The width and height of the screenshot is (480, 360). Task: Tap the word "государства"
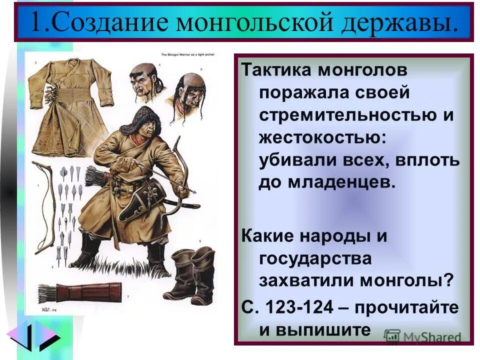click(315, 258)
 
